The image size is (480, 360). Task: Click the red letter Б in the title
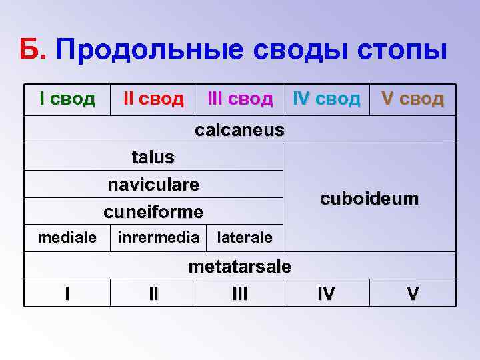[x=31, y=49]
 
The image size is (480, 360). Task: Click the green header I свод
[x=67, y=99]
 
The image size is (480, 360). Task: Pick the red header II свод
[x=153, y=99]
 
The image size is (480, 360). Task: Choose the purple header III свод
[x=240, y=99]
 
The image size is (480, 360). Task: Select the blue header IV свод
[x=327, y=99]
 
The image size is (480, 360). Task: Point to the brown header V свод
[x=413, y=99]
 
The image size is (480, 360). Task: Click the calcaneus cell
[x=239, y=130]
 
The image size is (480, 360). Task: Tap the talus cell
[x=153, y=157]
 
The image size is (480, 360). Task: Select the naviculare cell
[x=153, y=184]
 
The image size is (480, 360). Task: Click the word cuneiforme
[x=153, y=211]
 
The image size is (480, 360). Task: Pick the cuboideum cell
[x=369, y=198]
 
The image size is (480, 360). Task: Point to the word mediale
[x=67, y=237]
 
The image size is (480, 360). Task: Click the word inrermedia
[x=158, y=237]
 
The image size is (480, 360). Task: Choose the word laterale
[x=245, y=237]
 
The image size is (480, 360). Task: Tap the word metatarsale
[x=240, y=267]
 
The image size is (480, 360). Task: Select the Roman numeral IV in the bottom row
[x=327, y=293]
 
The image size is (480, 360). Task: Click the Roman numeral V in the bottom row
[x=413, y=293]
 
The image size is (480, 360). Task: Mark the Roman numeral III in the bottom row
[x=240, y=293]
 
